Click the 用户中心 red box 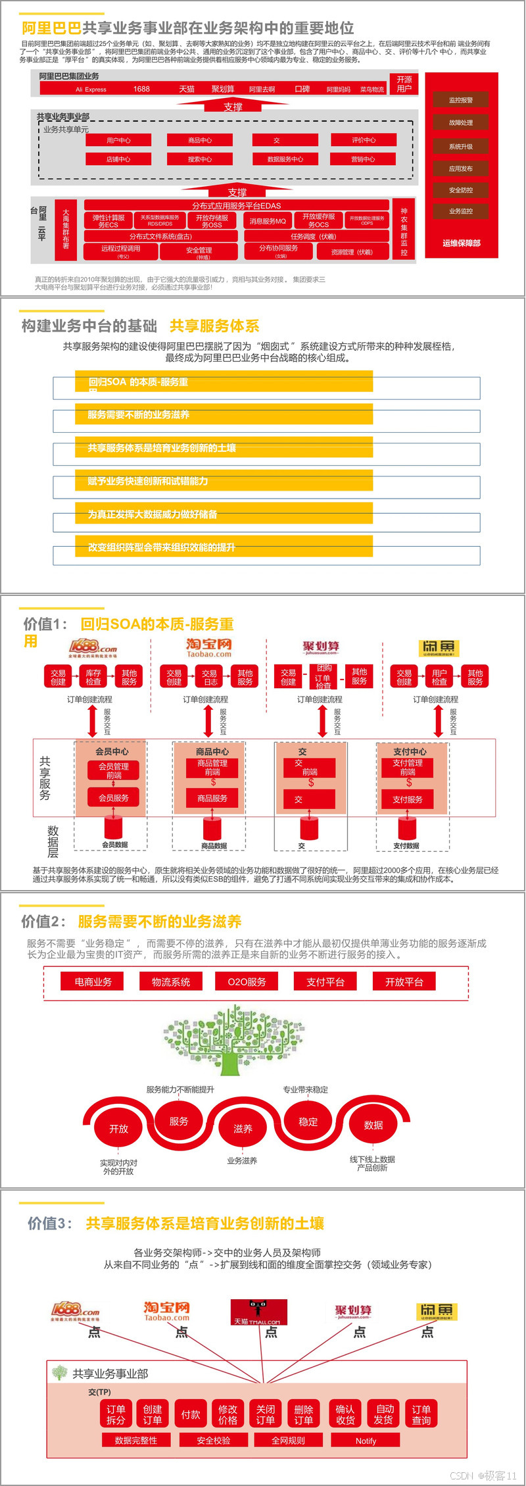[118, 140]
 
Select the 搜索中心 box [200, 159]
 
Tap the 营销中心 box [363, 159]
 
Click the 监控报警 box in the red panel [460, 100]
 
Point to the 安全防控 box [460, 190]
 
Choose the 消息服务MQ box [268, 221]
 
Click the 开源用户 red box [404, 84]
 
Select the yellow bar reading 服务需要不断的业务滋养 [224, 414]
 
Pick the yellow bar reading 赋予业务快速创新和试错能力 [224, 481]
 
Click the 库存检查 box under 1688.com [93, 677]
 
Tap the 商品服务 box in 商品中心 [212, 798]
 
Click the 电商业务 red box [93, 981]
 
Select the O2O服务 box [247, 981]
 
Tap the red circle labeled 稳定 [308, 1122]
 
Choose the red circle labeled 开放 [119, 1128]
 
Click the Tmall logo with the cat [258, 1312]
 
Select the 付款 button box [191, 1414]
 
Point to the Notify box [366, 1441]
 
